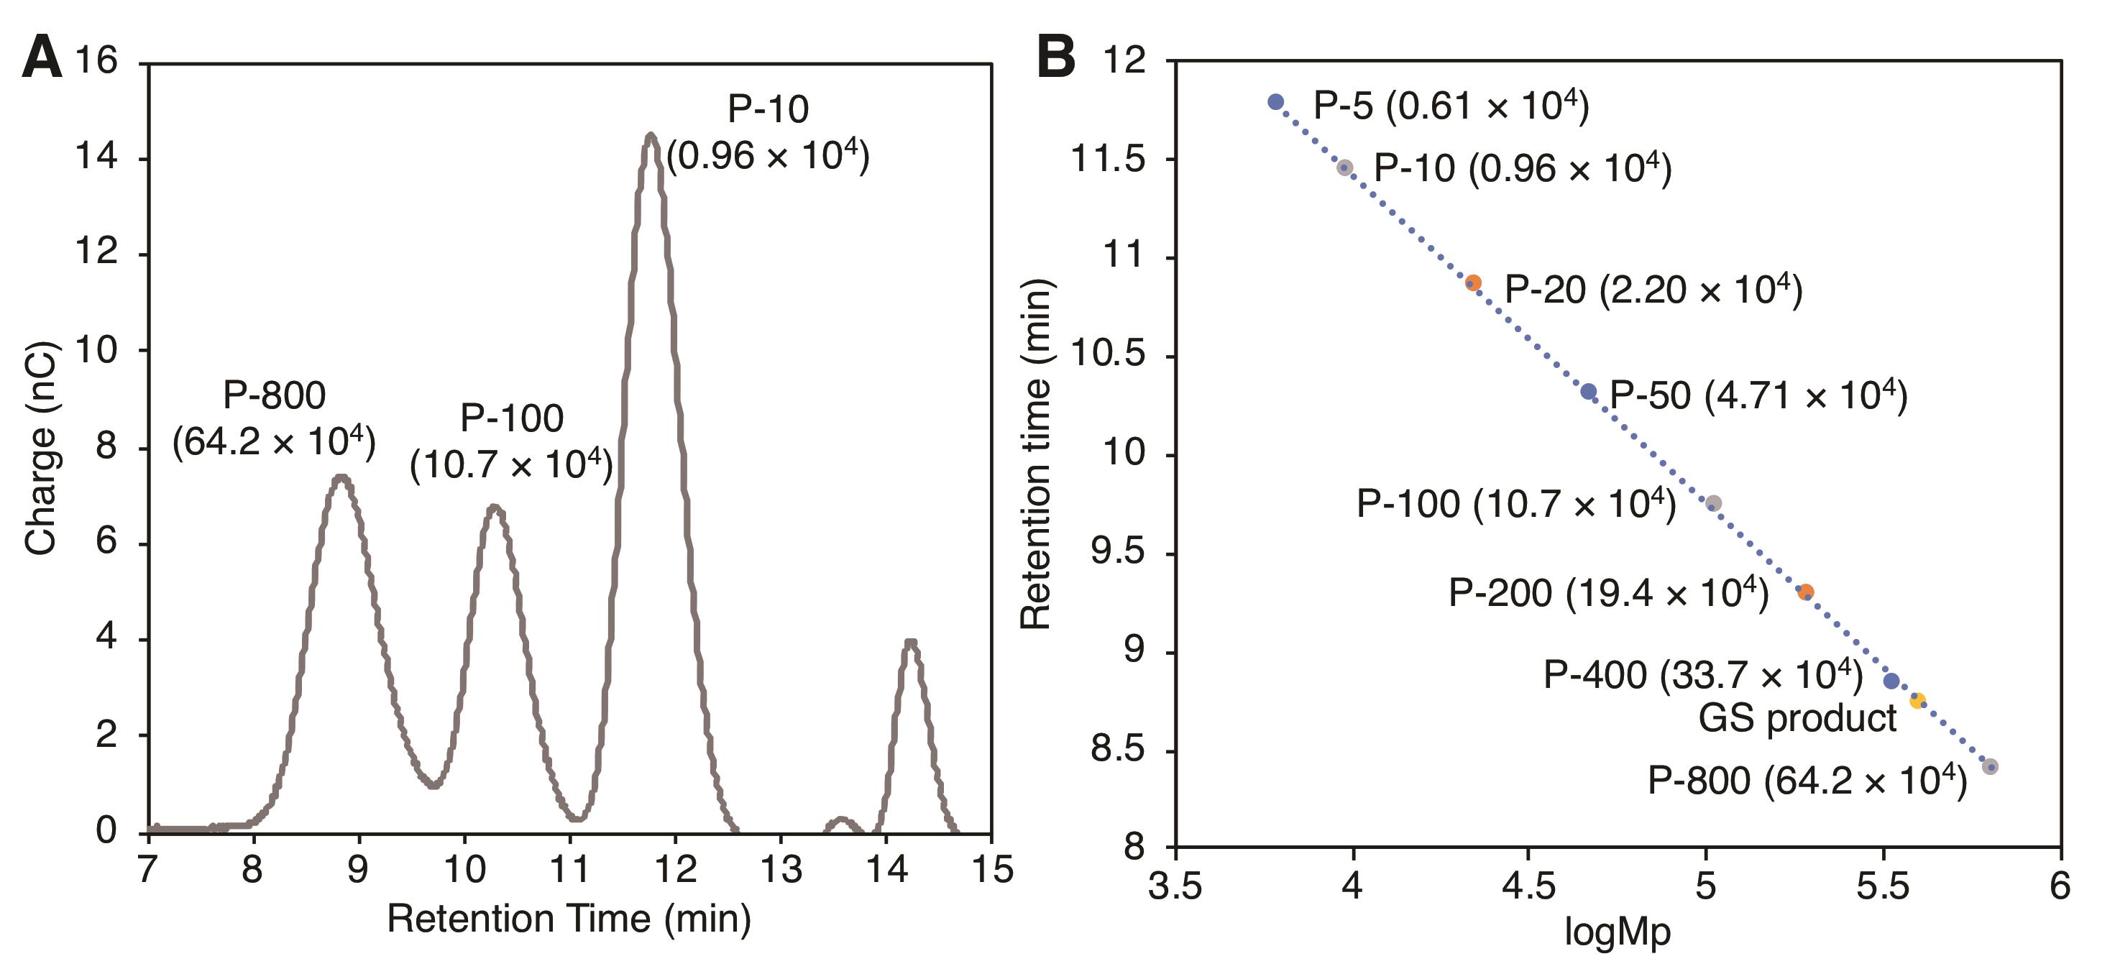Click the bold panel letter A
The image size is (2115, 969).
[x=42, y=59]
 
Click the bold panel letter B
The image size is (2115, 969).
[x=1056, y=59]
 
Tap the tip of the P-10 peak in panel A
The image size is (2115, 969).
[x=651, y=134]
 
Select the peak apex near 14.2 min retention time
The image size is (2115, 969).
[x=909, y=642]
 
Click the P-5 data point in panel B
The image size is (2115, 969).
[x=1275, y=102]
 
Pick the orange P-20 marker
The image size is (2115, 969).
[x=1474, y=283]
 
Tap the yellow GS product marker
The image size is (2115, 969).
[x=1917, y=700]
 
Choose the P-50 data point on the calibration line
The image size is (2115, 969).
[x=1589, y=392]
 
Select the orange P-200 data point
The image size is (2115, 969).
[x=1805, y=592]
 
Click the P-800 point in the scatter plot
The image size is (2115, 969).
[x=1989, y=767]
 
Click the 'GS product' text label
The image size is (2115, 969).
[x=1797, y=720]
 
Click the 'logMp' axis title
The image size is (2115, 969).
[x=1618, y=933]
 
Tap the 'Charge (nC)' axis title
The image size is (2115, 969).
[x=40, y=449]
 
